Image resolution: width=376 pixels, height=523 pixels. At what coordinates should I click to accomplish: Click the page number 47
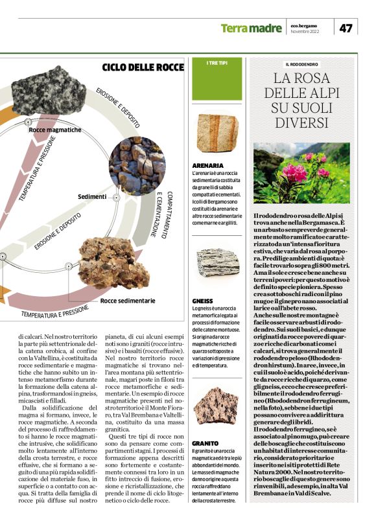[x=346, y=28]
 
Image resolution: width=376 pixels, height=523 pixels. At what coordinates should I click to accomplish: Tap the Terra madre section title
[x=250, y=29]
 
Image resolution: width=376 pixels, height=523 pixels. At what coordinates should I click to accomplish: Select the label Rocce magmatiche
[x=55, y=130]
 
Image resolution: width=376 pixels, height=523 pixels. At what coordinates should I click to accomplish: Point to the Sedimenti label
[x=92, y=196]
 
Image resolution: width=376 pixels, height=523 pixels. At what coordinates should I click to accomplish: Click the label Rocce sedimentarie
[x=128, y=301]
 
